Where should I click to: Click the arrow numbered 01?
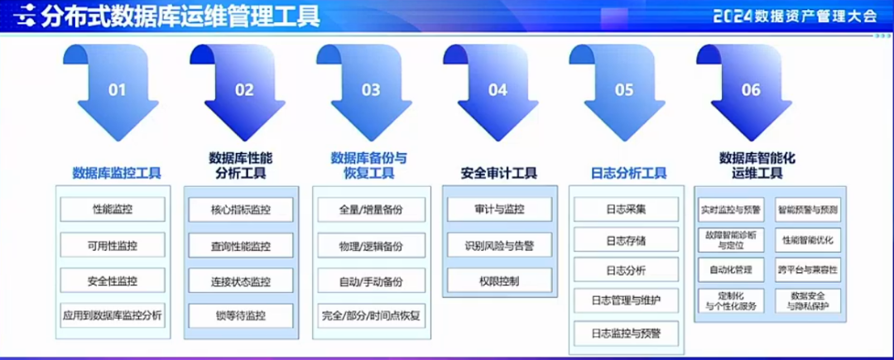coord(117,95)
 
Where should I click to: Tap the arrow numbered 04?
coord(497,95)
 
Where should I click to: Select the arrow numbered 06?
coord(750,95)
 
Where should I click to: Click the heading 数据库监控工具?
coord(117,173)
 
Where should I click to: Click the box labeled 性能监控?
coord(113,209)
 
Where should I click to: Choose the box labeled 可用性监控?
coord(113,245)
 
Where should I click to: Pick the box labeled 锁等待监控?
coord(240,314)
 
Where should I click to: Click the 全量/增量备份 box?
coord(371,209)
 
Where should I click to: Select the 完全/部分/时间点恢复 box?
coord(371,314)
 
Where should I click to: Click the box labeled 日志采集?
coord(626,209)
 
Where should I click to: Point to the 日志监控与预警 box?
coord(626,333)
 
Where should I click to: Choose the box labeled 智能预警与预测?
coord(807,209)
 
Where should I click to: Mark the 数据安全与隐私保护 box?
coord(807,300)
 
